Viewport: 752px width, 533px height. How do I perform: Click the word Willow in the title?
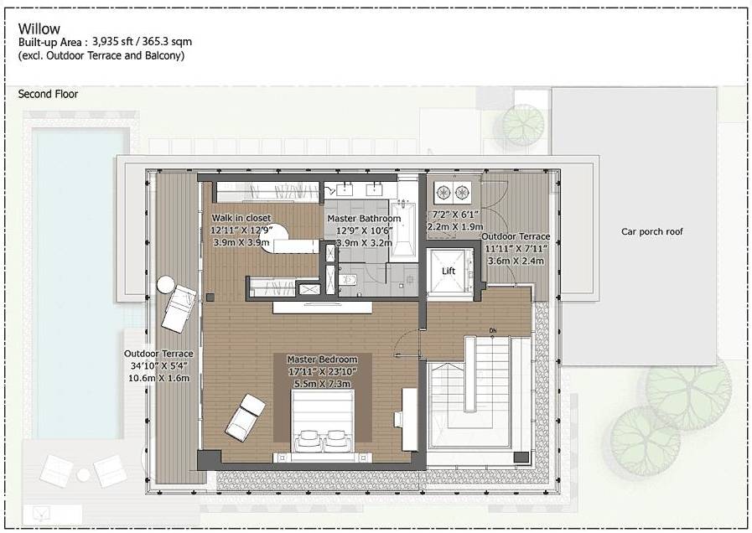point(39,28)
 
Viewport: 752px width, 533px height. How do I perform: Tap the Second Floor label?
point(48,95)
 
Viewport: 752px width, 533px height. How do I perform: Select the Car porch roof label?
point(651,231)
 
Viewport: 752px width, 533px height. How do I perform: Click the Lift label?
point(448,271)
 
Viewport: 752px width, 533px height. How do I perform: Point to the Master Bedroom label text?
point(322,359)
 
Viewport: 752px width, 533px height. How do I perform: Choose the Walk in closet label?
point(241,218)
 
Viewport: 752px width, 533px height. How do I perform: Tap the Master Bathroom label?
point(364,219)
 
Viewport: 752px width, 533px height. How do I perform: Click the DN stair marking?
point(494,331)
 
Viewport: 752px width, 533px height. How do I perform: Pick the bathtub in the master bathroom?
point(403,228)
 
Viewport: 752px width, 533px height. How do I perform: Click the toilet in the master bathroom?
point(350,279)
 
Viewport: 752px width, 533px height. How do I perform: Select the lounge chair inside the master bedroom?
point(246,416)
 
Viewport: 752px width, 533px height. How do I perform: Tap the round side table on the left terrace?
point(165,284)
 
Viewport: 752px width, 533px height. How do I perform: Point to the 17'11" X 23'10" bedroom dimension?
point(323,371)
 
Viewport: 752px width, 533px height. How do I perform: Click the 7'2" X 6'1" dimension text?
point(455,215)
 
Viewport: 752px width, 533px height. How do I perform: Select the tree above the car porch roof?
point(523,125)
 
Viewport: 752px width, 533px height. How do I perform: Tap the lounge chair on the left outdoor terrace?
point(179,308)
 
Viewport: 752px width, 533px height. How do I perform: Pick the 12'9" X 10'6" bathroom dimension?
point(365,230)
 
